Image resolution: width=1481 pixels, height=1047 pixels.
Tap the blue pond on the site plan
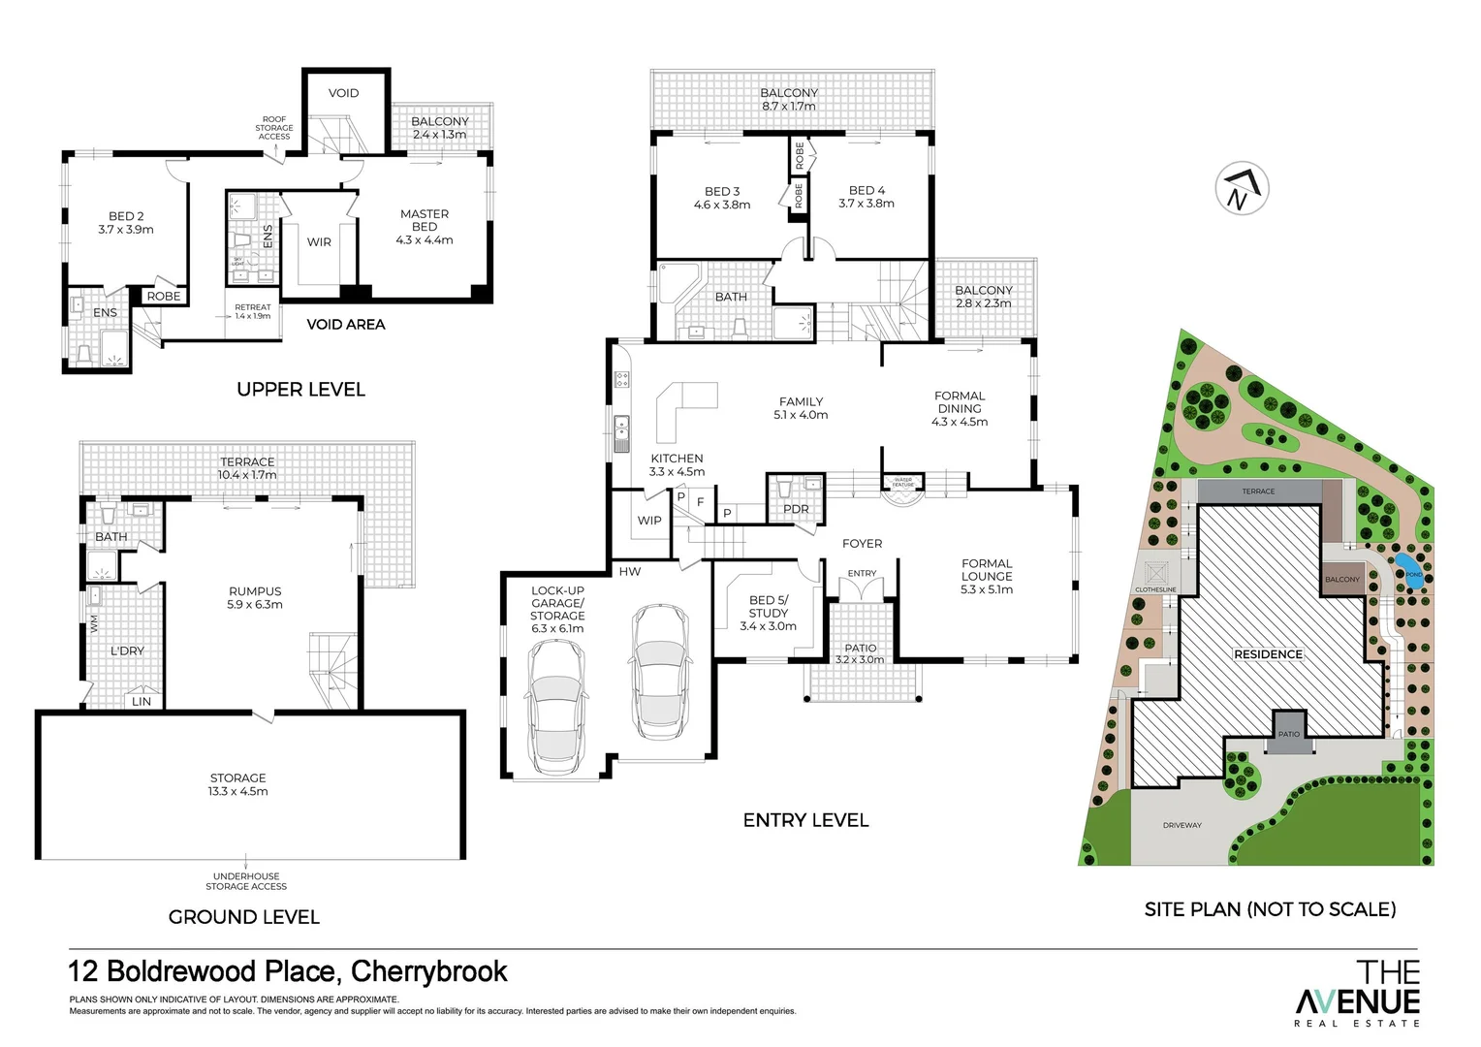coord(1403,565)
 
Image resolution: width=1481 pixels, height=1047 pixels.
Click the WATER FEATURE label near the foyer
coord(902,481)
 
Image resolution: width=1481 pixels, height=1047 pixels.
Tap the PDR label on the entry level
coord(796,509)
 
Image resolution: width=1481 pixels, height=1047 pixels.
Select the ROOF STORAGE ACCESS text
coord(274,128)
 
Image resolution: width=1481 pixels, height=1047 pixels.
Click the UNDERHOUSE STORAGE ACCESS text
coord(246,881)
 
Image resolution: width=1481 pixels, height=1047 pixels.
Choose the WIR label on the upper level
coord(319,242)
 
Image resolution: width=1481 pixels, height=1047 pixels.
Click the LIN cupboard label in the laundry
coord(142,701)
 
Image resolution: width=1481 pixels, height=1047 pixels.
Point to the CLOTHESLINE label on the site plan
coord(1155,589)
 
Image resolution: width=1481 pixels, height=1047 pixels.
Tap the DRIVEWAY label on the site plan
coord(1182,825)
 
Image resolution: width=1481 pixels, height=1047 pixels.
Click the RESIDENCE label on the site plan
coord(1268,654)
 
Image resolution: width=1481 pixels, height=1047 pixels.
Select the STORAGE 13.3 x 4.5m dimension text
coord(239,791)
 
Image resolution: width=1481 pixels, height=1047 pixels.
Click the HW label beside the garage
coord(630,571)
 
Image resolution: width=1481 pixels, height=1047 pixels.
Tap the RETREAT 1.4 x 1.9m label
coord(253,311)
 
